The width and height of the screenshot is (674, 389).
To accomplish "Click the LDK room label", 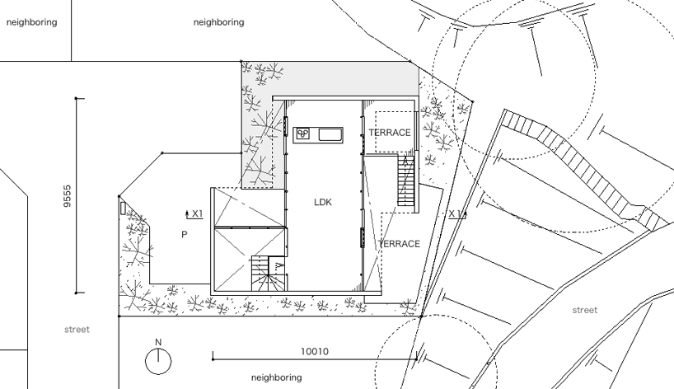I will tap(322, 202).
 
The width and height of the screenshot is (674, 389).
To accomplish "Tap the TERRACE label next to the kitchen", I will tap(389, 133).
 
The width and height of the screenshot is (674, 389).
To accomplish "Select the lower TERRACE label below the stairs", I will tap(399, 244).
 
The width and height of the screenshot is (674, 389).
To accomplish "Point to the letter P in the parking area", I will tap(184, 235).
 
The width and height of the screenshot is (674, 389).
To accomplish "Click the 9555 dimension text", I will tap(68, 195).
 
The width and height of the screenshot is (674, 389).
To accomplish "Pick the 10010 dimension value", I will tap(314, 352).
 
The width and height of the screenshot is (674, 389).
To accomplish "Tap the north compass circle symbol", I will tap(159, 360).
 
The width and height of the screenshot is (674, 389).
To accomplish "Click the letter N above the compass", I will tap(159, 342).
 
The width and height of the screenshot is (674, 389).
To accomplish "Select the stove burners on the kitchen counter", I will tap(302, 134).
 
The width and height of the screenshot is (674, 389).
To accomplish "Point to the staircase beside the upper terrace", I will tap(405, 180).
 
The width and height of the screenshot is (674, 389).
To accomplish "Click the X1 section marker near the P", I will tap(196, 214).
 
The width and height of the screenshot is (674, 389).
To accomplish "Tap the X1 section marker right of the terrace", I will tap(455, 214).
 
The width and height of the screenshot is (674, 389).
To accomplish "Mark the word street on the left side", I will tap(77, 330).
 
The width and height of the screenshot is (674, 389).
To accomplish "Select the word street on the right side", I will tap(584, 311).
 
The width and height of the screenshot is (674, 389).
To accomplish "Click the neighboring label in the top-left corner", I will tap(31, 22).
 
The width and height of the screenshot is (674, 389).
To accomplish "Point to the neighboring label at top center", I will tap(218, 22).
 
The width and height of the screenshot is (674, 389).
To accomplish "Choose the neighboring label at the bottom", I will tap(276, 377).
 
